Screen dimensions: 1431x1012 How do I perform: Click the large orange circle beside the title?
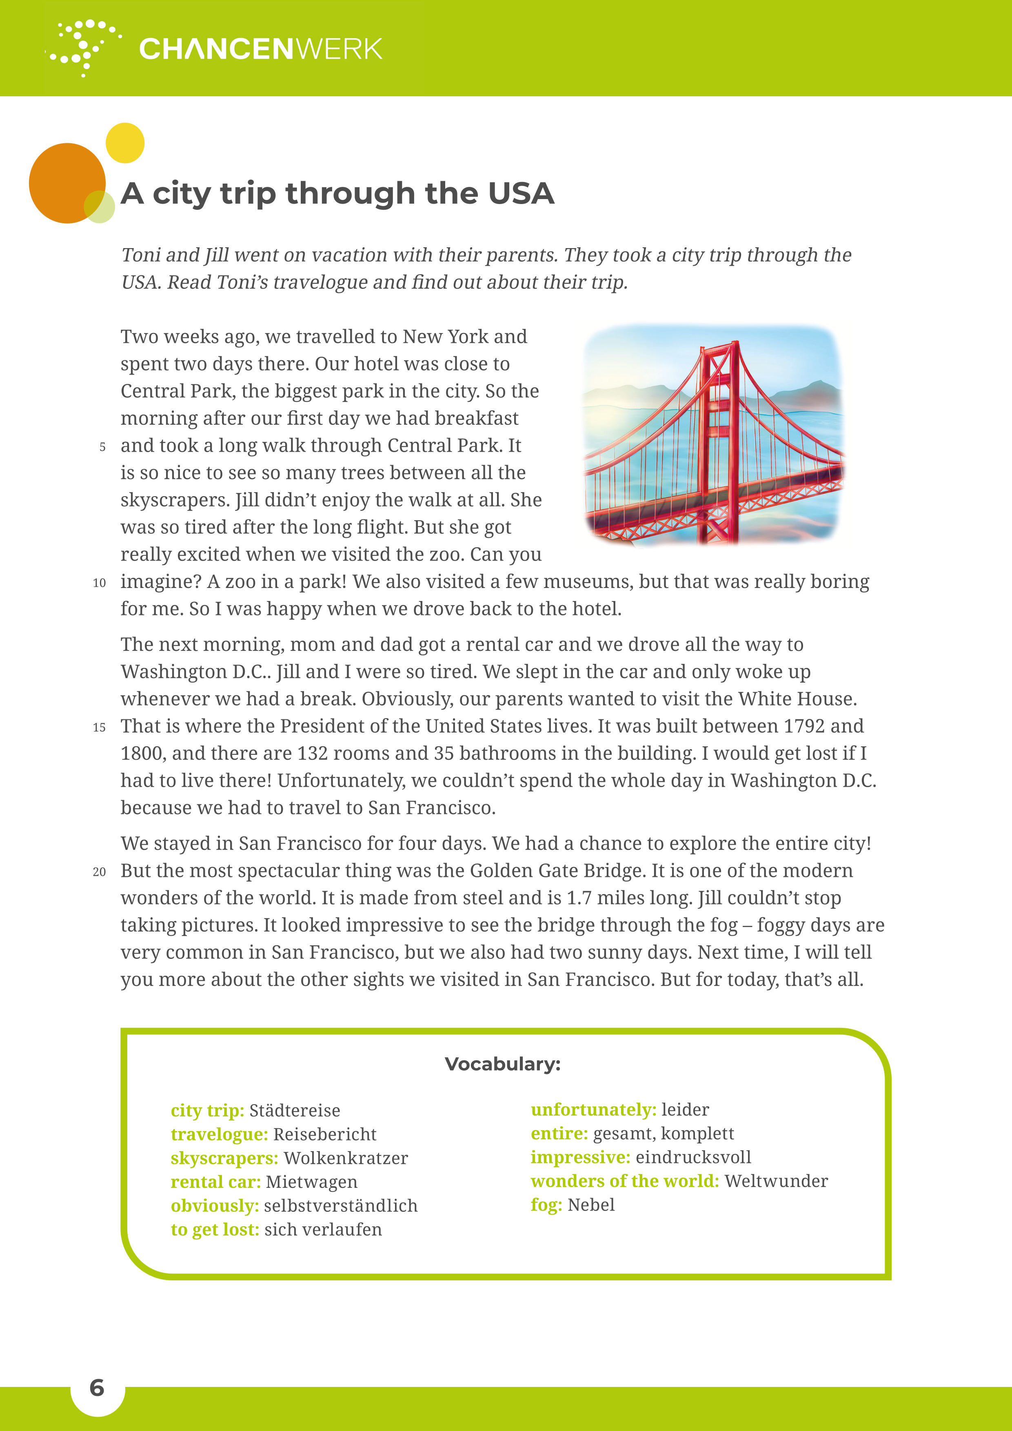pos(65,183)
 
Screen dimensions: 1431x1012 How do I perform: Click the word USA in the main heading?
pos(521,193)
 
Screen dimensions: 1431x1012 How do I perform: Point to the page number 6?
pos(97,1387)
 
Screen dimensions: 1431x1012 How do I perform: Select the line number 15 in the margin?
pos(99,728)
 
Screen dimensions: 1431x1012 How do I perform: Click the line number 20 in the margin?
pos(99,872)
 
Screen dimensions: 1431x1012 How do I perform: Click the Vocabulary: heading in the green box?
pos(502,1064)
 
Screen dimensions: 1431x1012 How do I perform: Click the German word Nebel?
pos(591,1205)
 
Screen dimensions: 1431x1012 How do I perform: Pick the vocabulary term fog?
pos(546,1205)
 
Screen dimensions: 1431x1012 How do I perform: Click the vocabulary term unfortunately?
pos(593,1109)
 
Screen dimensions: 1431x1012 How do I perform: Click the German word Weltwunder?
pos(776,1181)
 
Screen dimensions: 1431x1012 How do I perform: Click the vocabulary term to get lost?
pos(214,1230)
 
